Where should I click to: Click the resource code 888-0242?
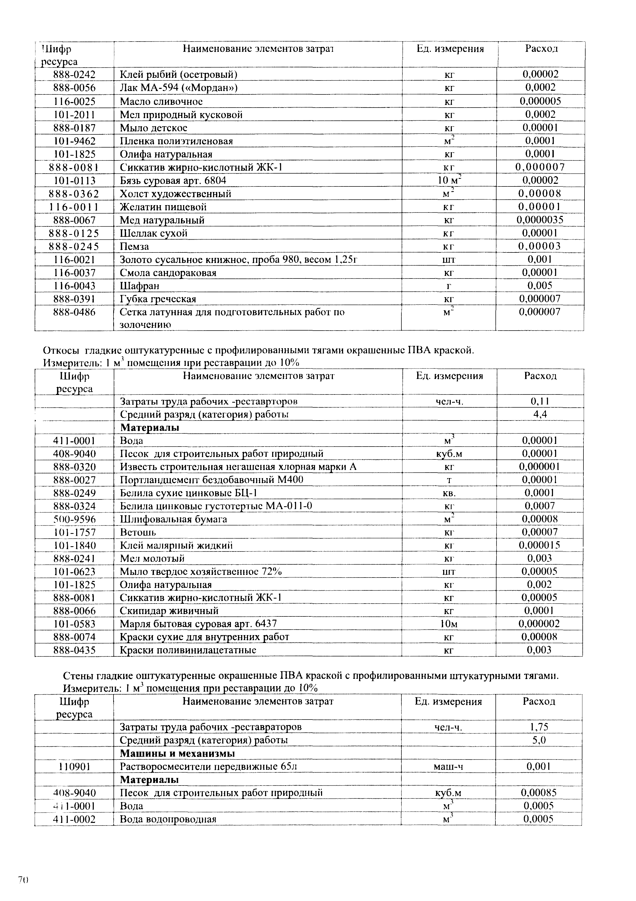pyautogui.click(x=75, y=74)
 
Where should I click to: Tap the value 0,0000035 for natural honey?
pyautogui.click(x=540, y=220)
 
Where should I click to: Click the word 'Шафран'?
pyautogui.click(x=139, y=286)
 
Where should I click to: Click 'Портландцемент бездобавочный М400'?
pyautogui.click(x=212, y=480)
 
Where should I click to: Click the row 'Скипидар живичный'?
pyautogui.click(x=169, y=611)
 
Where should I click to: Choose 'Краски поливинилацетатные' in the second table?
pyautogui.click(x=188, y=650)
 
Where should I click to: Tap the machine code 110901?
pyautogui.click(x=75, y=766)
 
